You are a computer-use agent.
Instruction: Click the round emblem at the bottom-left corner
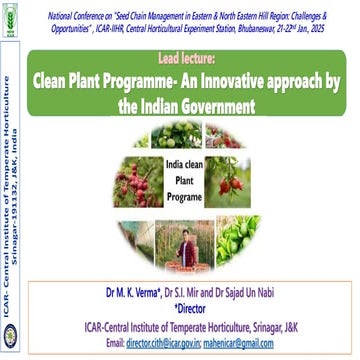11,340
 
